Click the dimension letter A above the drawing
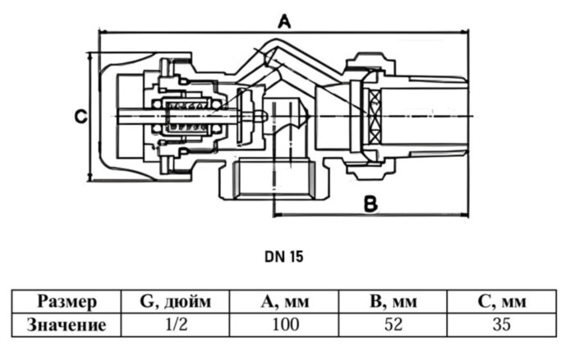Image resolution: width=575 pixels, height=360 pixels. [284, 21]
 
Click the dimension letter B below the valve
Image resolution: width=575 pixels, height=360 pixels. [370, 202]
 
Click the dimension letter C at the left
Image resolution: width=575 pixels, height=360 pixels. [80, 117]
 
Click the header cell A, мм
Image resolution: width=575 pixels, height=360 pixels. [285, 302]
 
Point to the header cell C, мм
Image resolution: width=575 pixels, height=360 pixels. [501, 302]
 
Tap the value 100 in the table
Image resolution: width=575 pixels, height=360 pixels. [285, 325]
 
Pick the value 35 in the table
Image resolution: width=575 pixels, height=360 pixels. [501, 325]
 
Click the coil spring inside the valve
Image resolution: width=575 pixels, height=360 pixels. [189, 118]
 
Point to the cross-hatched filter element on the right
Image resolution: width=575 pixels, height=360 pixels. [375, 116]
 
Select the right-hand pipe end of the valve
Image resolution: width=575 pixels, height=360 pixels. [435, 115]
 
